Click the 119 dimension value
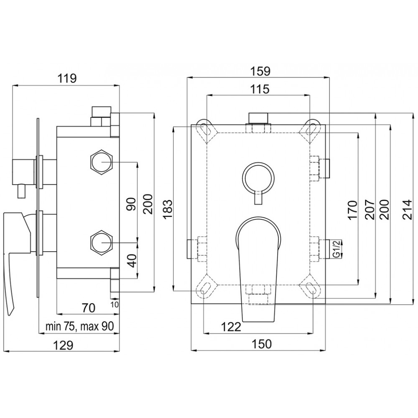pyautogui.click(x=67, y=79)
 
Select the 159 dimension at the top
pyautogui.click(x=260, y=71)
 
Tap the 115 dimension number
pyautogui.click(x=260, y=89)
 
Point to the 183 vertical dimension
pyautogui.click(x=168, y=209)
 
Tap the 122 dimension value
pyautogui.click(x=231, y=326)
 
